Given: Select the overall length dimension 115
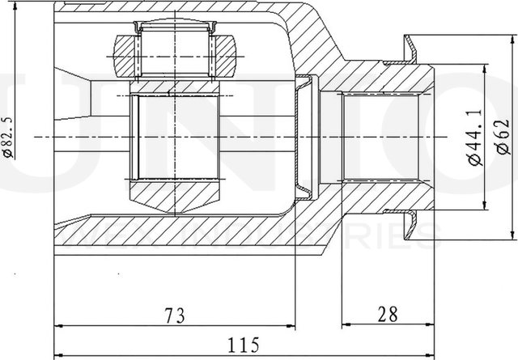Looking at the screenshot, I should [236, 345].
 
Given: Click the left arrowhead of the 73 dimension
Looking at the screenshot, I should [58, 326].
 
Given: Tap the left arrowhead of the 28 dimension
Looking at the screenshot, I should [346, 326].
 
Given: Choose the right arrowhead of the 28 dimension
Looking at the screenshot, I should [434, 326].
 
